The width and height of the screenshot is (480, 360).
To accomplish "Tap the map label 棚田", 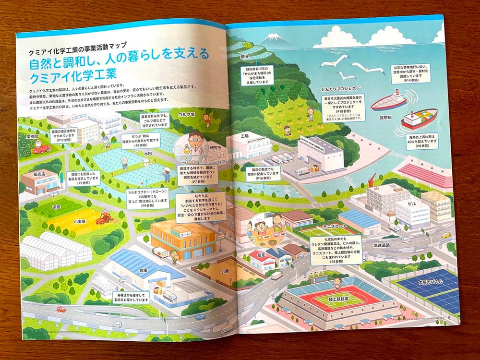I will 244,57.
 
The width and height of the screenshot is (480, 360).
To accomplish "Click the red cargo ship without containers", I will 387,101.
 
